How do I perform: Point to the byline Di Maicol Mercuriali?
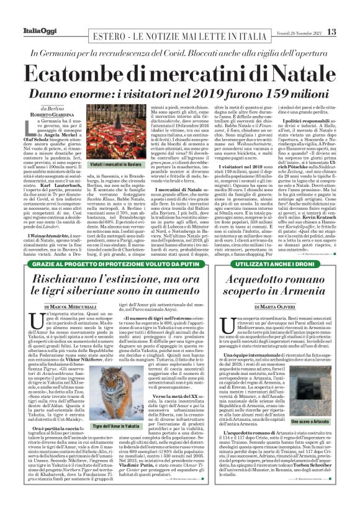[69, 306]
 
